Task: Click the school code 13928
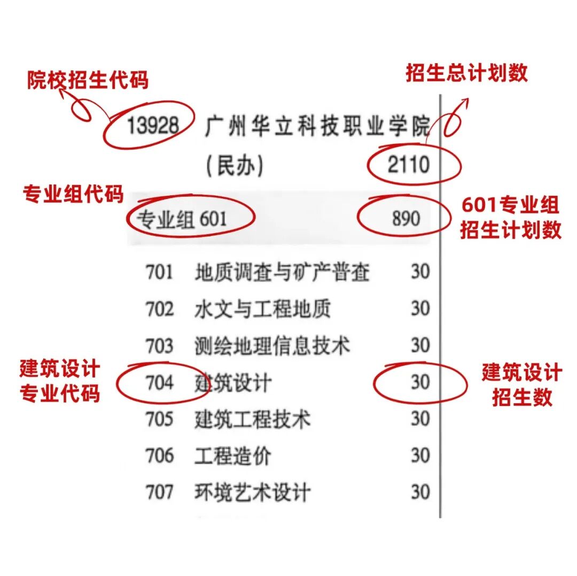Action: pyautogui.click(x=153, y=126)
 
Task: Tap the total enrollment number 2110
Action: pyautogui.click(x=409, y=164)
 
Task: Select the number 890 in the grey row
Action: pyautogui.click(x=406, y=218)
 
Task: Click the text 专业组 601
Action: pyautogui.click(x=182, y=219)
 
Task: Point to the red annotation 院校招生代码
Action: pyautogui.click(x=88, y=80)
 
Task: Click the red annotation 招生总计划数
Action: pyautogui.click(x=467, y=73)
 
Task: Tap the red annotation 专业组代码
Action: pyautogui.click(x=73, y=194)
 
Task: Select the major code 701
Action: pyautogui.click(x=159, y=272)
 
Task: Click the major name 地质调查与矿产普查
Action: pyautogui.click(x=282, y=272)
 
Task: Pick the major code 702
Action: pyautogui.click(x=159, y=309)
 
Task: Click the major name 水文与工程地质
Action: pyautogui.click(x=263, y=309)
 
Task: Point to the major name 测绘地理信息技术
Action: pyautogui.click(x=272, y=346)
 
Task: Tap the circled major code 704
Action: pyautogui.click(x=159, y=382)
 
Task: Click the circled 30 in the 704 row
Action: pyautogui.click(x=420, y=382)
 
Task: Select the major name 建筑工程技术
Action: pyautogui.click(x=253, y=419)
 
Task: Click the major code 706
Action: pyautogui.click(x=159, y=456)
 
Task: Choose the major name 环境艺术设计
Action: pyautogui.click(x=253, y=492)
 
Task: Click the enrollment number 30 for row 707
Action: pyautogui.click(x=420, y=492)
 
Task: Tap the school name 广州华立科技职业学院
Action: pyautogui.click(x=317, y=126)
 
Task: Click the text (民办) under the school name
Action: pyautogui.click(x=235, y=165)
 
